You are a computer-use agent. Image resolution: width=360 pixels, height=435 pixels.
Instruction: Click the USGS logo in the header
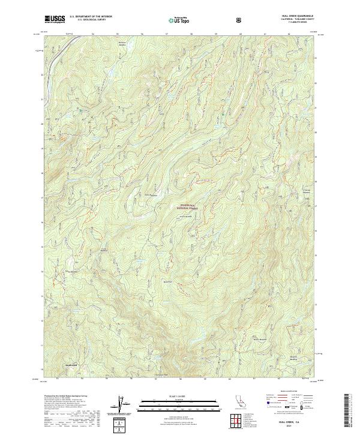coord(55,19)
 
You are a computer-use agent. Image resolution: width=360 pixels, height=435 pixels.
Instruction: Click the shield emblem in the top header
coord(239,19)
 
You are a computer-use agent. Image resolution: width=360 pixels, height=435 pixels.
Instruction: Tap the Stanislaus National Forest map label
coord(188,208)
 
